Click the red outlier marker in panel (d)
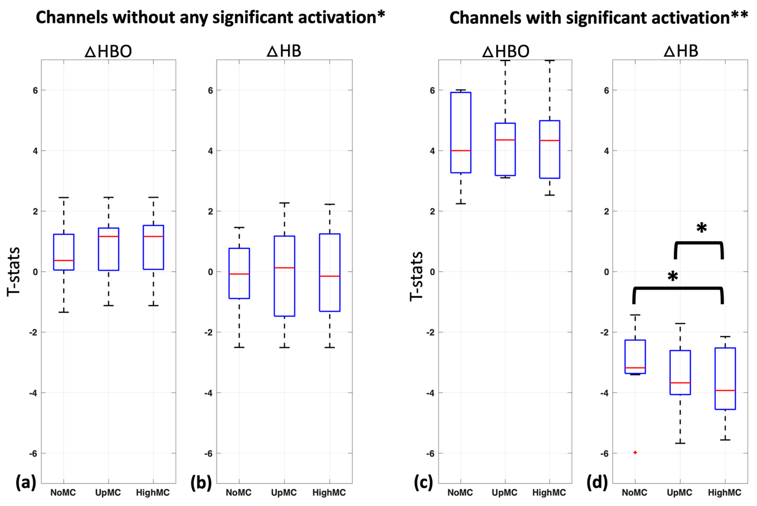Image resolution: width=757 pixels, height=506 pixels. coord(635,452)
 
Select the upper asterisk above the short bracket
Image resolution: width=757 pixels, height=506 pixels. coord(701,228)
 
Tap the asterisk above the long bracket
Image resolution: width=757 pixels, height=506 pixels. coord(673,276)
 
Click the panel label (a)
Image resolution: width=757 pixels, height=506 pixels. coord(26,483)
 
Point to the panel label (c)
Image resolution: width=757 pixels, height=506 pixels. coord(423,483)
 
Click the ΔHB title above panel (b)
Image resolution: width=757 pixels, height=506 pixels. coord(284,51)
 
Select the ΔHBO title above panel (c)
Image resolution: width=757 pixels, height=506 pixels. coord(505,51)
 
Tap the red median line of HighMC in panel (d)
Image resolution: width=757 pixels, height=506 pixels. coord(725,390)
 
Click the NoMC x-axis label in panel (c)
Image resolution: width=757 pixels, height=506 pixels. coord(460,493)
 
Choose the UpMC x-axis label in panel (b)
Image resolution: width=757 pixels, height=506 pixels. coord(284,493)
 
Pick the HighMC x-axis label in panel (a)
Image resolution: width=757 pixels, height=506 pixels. coord(153,493)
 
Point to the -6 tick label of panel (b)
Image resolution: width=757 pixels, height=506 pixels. coord(209,453)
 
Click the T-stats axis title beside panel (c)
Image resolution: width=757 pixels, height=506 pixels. coord(416,276)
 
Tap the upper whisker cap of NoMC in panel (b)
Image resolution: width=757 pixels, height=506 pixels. coord(239,227)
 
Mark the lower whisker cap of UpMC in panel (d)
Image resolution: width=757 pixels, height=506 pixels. coord(680,443)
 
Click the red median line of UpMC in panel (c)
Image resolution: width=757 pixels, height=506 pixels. coord(505,140)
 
